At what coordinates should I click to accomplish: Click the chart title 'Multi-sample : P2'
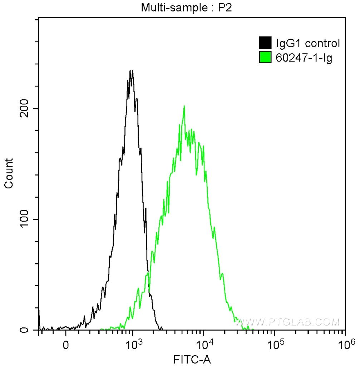(186, 8)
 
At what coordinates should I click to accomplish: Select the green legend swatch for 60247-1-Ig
(265, 57)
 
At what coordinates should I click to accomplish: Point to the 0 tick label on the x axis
(66, 346)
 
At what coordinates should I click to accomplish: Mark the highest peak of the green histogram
(184, 106)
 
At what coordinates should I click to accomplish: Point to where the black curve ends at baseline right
(162, 329)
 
